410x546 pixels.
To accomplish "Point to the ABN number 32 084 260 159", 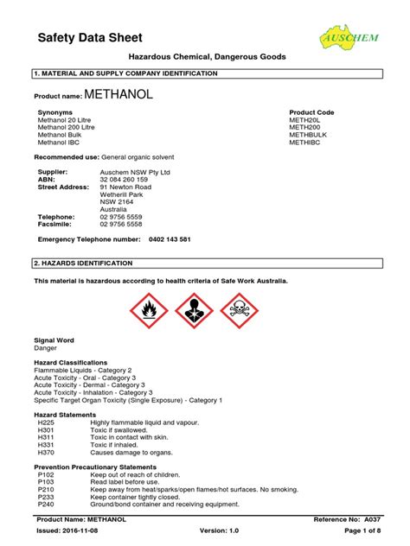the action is coord(130,179).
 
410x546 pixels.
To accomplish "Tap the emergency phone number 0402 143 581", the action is coord(170,238).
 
